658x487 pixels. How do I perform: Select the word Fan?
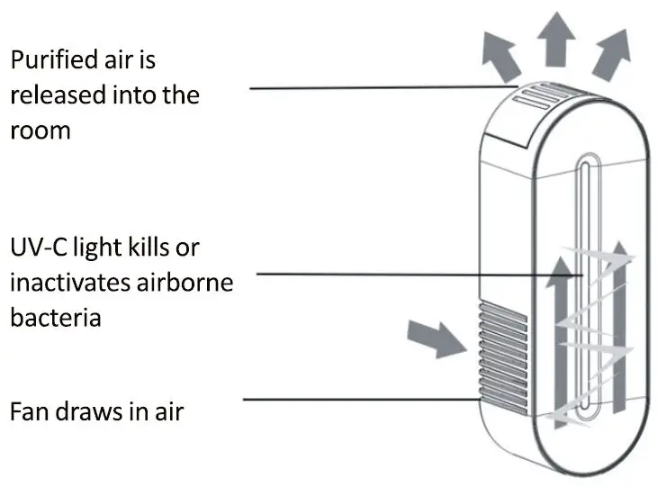click(x=32, y=411)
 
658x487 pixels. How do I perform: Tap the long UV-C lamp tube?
click(x=584, y=288)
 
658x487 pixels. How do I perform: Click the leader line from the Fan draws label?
click(x=360, y=400)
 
